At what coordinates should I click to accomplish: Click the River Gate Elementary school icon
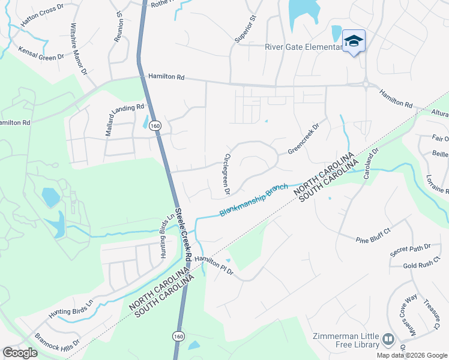point(354,41)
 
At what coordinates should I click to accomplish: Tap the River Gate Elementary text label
point(303,47)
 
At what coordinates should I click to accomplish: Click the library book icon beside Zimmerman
point(388,340)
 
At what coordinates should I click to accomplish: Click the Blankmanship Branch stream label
point(254,200)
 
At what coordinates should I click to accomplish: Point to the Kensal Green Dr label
point(41,53)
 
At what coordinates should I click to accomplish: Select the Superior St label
point(245,29)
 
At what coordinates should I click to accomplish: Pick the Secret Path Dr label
point(410,250)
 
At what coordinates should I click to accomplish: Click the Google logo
point(20,352)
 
